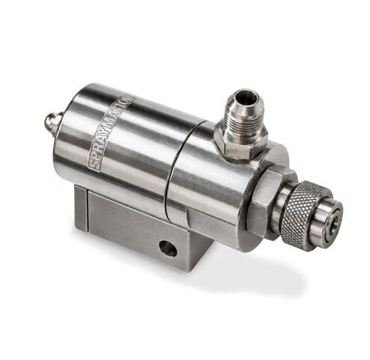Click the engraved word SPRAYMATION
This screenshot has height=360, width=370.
click(x=112, y=132)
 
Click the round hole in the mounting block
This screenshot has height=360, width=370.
click(x=168, y=248)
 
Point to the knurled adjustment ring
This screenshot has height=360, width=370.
click(x=297, y=215)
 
